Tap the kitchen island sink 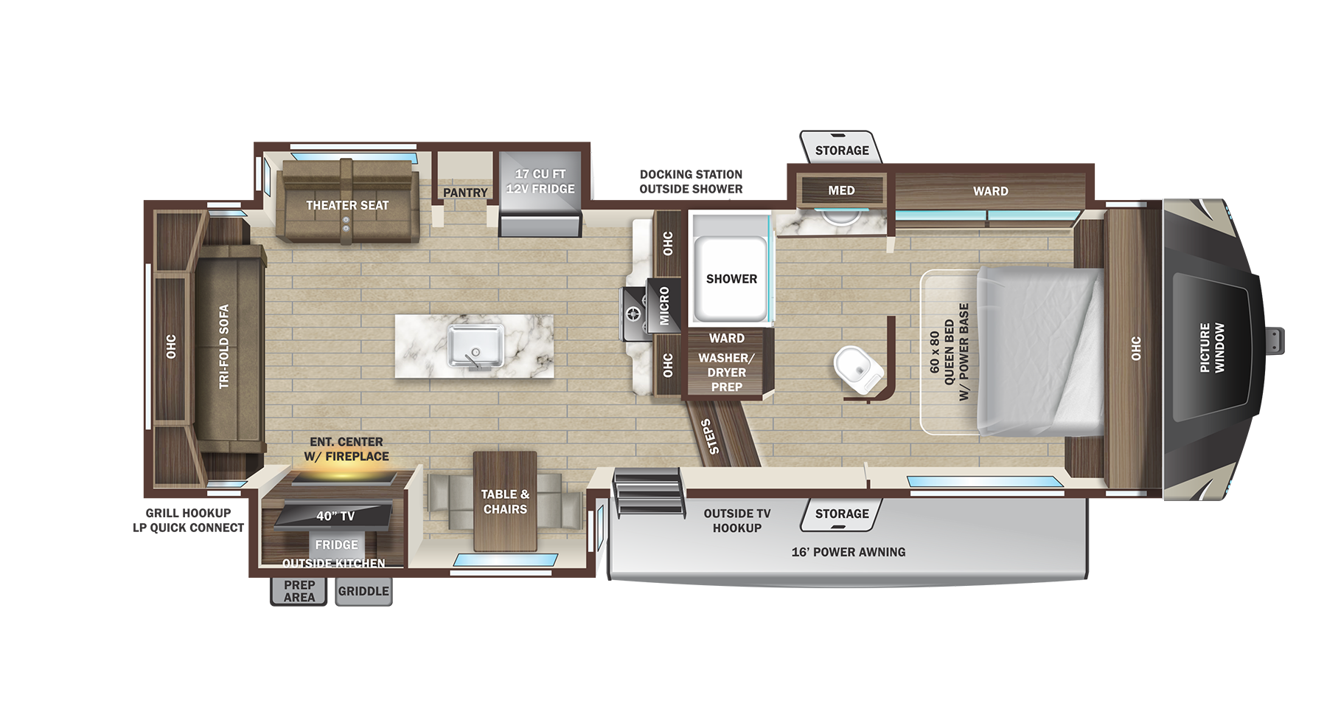pos(476,347)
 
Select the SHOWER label pos(731,279)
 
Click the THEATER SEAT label pos(347,205)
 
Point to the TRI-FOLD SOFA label pos(224,346)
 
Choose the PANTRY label pos(465,193)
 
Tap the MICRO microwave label pos(664,305)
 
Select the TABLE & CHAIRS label pos(505,502)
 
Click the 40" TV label pos(335,516)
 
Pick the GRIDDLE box pos(363,591)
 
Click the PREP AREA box pos(299,591)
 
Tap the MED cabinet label pos(841,190)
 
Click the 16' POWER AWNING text pos(848,552)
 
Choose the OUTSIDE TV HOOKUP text pos(736,520)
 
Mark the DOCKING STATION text pos(691,174)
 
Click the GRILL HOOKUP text pos(188,513)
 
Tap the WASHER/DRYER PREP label pos(726,372)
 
